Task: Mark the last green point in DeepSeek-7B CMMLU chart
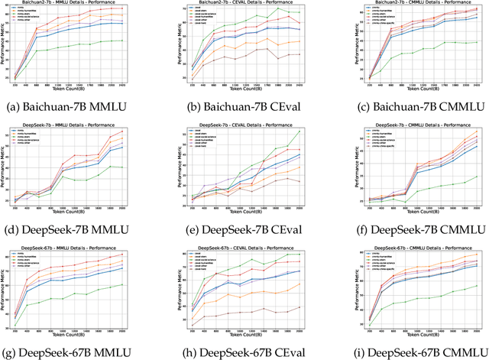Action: click(x=476, y=177)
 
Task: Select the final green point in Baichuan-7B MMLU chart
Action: click(x=144, y=41)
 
